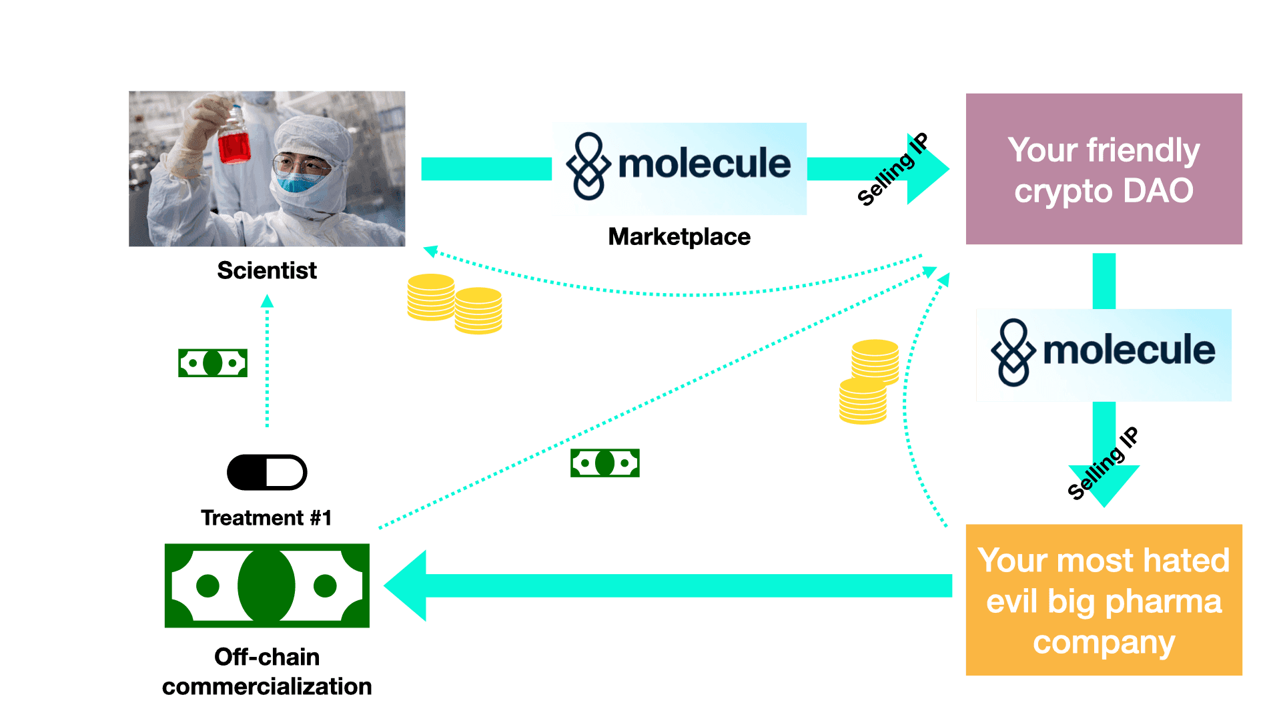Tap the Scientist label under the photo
click(267, 270)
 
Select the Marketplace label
click(679, 237)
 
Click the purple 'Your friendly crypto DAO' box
click(1104, 169)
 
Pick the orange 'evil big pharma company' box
click(1104, 599)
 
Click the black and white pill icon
click(267, 473)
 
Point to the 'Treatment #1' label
click(266, 518)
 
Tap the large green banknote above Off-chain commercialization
click(267, 585)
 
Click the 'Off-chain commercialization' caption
click(267, 672)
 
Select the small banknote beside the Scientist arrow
click(213, 363)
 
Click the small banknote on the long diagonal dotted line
click(605, 463)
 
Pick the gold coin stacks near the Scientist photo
click(454, 304)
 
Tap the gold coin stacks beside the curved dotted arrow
click(869, 382)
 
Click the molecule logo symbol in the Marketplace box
click(588, 166)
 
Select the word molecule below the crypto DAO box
click(1129, 350)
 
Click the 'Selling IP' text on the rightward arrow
click(893, 169)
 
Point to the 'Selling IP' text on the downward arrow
click(1103, 463)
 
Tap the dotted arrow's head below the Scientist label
click(267, 301)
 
